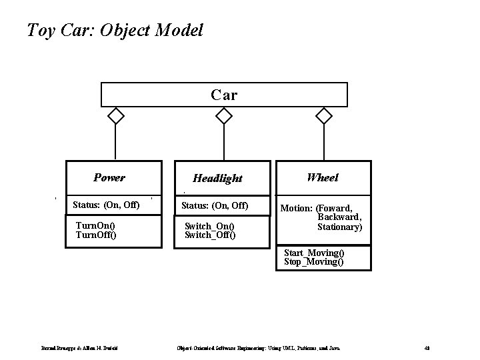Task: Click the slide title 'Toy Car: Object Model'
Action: (114, 30)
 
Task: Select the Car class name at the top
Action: (224, 95)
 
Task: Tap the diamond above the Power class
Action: (116, 116)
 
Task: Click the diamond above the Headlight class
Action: (225, 116)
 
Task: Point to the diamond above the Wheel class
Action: (324, 116)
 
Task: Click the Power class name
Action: (109, 178)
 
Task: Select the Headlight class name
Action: (217, 179)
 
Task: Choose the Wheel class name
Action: (323, 177)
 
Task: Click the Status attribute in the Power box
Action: (106, 204)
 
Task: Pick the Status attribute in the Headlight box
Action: (215, 204)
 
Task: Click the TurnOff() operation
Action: (96, 235)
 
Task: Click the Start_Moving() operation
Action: (314, 253)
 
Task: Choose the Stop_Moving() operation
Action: (313, 262)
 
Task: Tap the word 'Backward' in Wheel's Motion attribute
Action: (339, 217)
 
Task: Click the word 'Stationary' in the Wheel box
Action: (339, 227)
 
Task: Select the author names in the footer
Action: (80, 347)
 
